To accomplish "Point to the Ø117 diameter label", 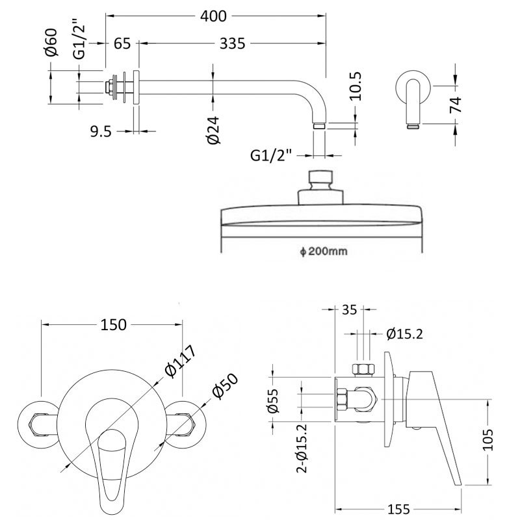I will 181,359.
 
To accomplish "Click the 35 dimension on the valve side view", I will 349,309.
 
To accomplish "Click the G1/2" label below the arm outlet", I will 272,155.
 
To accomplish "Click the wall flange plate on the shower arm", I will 135,87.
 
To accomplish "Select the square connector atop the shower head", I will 321,178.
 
